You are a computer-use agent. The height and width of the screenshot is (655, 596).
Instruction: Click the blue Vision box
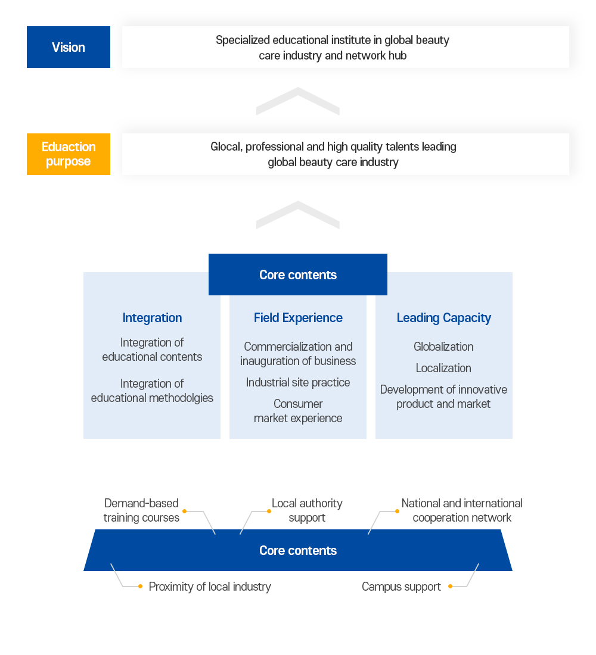[69, 47]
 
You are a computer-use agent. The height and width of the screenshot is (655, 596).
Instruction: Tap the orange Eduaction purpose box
[69, 154]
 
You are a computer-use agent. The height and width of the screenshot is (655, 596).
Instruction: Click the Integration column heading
[152, 318]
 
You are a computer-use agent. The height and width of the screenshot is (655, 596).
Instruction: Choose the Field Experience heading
[298, 318]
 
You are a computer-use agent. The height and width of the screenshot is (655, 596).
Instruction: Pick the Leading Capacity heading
[444, 318]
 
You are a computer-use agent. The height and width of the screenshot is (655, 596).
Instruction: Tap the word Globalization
[443, 347]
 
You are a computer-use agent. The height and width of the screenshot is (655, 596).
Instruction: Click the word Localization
[443, 368]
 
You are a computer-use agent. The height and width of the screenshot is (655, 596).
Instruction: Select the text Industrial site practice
[298, 382]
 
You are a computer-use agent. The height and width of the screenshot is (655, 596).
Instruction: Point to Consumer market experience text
[298, 411]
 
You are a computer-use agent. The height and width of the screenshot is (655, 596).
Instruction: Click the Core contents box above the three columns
[298, 275]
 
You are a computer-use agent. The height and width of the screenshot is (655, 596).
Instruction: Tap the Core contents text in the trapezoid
[298, 551]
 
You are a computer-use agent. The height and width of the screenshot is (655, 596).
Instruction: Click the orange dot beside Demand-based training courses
[185, 511]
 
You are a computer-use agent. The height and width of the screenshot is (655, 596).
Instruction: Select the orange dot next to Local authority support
[269, 511]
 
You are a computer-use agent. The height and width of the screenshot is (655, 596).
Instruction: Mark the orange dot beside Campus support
[450, 587]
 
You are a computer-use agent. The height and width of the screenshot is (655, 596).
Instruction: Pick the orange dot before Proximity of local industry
[140, 587]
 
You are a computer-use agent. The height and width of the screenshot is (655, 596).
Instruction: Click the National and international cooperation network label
[462, 510]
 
